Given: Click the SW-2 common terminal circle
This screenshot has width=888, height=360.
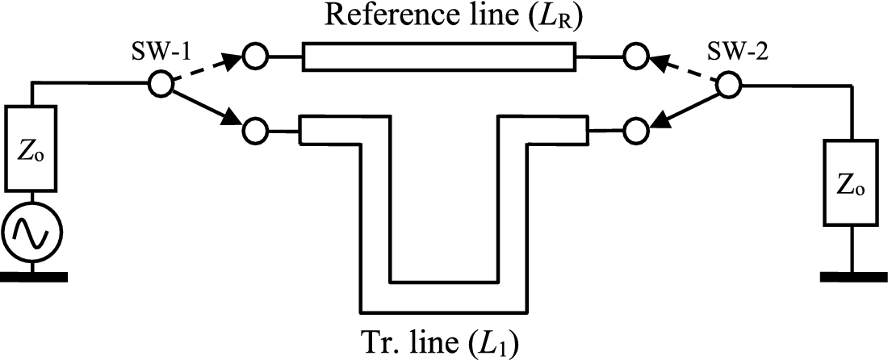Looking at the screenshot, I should click(x=727, y=83).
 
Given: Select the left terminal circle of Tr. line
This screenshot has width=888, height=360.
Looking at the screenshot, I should click(x=257, y=128).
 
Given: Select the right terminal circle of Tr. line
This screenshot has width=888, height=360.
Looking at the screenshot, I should click(x=635, y=128).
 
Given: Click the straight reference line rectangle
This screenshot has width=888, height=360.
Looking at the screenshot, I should click(x=438, y=57).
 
